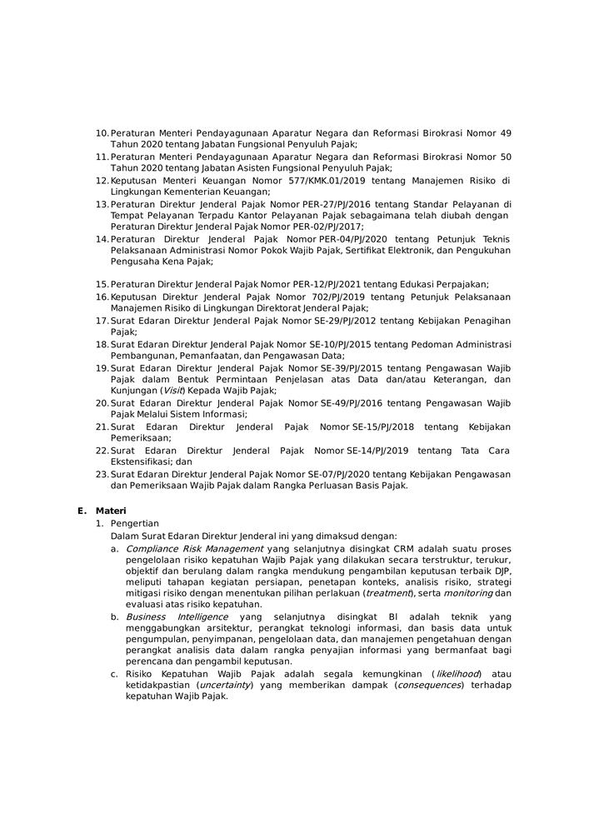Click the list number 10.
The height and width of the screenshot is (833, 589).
coord(102,133)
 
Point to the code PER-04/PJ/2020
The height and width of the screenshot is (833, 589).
coord(322,238)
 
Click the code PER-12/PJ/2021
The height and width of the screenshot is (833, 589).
coord(307,284)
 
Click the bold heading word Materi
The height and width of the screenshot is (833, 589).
coord(111,511)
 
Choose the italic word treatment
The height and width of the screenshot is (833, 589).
coord(387,592)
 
